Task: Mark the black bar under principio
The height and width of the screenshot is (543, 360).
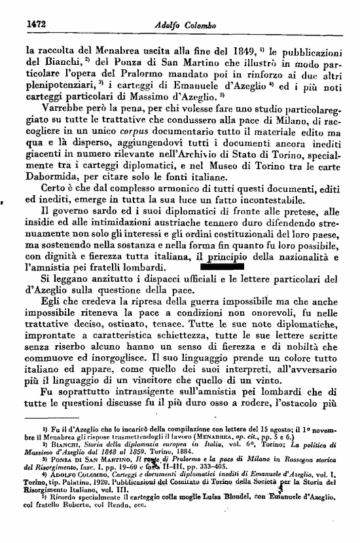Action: point(219,267)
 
